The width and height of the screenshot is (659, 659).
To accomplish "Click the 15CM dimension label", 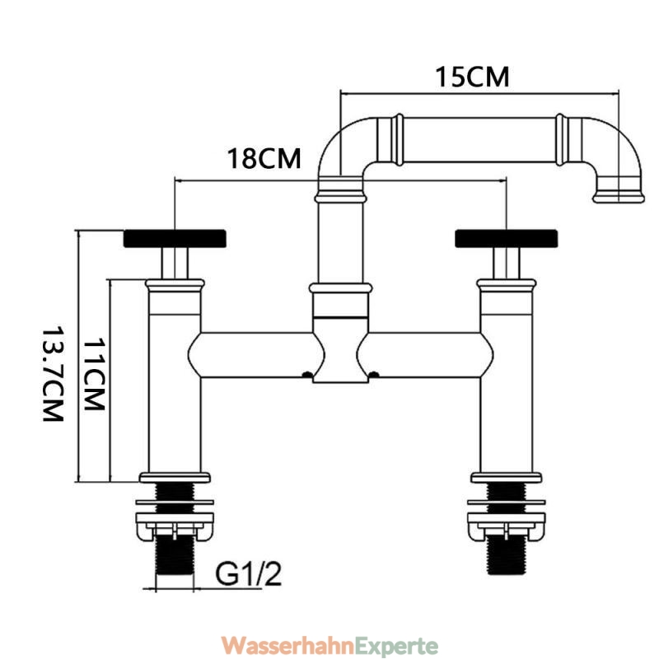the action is pos(472,77).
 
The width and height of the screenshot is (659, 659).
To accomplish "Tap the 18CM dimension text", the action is pos(264,158).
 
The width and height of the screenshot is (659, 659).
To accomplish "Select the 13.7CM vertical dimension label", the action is pos(54,374).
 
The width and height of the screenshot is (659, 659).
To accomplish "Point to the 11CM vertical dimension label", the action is pos(94,375).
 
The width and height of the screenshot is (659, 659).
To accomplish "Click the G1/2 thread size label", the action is pos(249,574).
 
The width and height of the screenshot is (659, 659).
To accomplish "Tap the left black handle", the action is pos(175,238).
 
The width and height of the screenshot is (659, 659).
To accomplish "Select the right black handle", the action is pos(507,238).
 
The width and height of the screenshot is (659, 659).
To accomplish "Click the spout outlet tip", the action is pos(619,197).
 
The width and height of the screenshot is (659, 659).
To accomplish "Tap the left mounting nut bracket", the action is pos(175,526).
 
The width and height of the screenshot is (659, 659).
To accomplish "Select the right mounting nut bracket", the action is pos(507,526).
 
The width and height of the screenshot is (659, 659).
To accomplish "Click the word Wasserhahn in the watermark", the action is pos(287,645).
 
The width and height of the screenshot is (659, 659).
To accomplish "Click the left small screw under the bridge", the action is pos(307,374).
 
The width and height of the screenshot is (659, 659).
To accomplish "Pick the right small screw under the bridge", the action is pos(374,374).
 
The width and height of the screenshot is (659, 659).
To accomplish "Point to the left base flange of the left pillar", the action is pos(175,478).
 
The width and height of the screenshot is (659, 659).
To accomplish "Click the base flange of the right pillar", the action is pos(507,478).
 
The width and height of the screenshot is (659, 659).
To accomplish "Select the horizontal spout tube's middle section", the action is pos(479,140).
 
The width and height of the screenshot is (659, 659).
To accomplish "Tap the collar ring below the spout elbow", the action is pos(341,196).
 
